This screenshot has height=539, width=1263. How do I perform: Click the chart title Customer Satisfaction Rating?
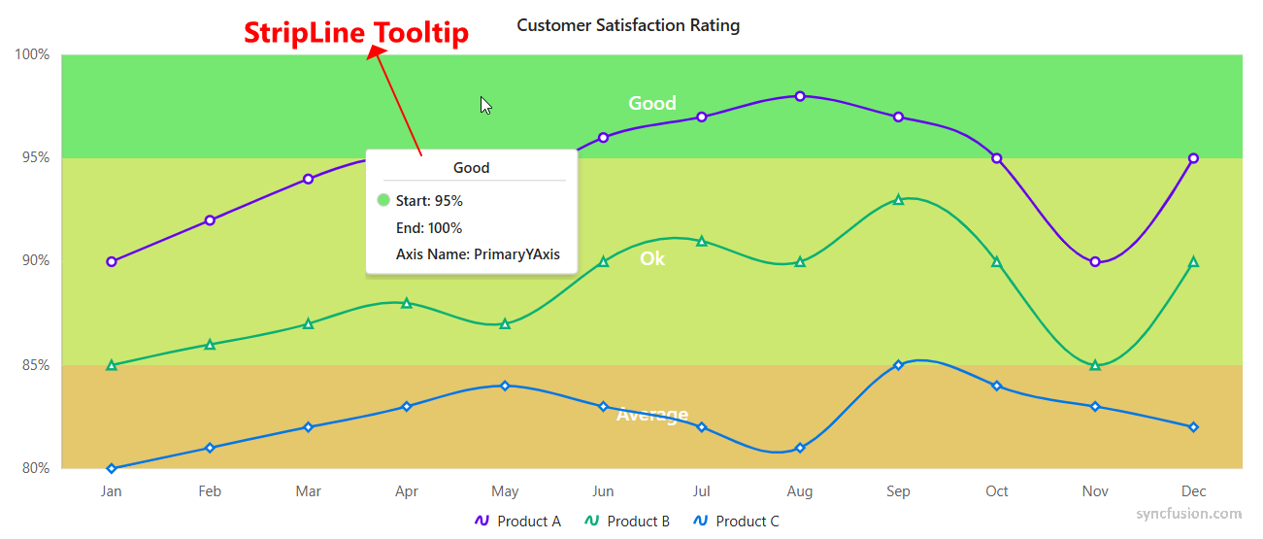pyautogui.click(x=628, y=25)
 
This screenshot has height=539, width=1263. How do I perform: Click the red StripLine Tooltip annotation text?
pyautogui.click(x=356, y=33)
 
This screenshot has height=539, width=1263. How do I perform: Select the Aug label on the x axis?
pyautogui.click(x=800, y=491)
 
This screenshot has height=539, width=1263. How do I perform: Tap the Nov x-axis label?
pyautogui.click(x=1095, y=491)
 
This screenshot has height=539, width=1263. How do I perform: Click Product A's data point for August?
pyautogui.click(x=800, y=96)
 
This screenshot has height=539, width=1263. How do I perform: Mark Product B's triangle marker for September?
pyautogui.click(x=898, y=199)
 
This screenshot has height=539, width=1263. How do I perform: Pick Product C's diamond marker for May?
pyautogui.click(x=505, y=386)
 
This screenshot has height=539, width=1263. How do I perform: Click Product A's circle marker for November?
pyautogui.click(x=1095, y=261)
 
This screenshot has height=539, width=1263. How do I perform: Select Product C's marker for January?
pyautogui.click(x=112, y=468)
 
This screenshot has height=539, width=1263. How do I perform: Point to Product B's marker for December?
pyautogui.click(x=1193, y=261)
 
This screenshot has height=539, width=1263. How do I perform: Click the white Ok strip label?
pyautogui.click(x=652, y=259)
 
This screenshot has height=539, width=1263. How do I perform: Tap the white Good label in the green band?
pyautogui.click(x=652, y=104)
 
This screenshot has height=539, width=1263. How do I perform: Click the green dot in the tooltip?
pyautogui.click(x=383, y=201)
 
